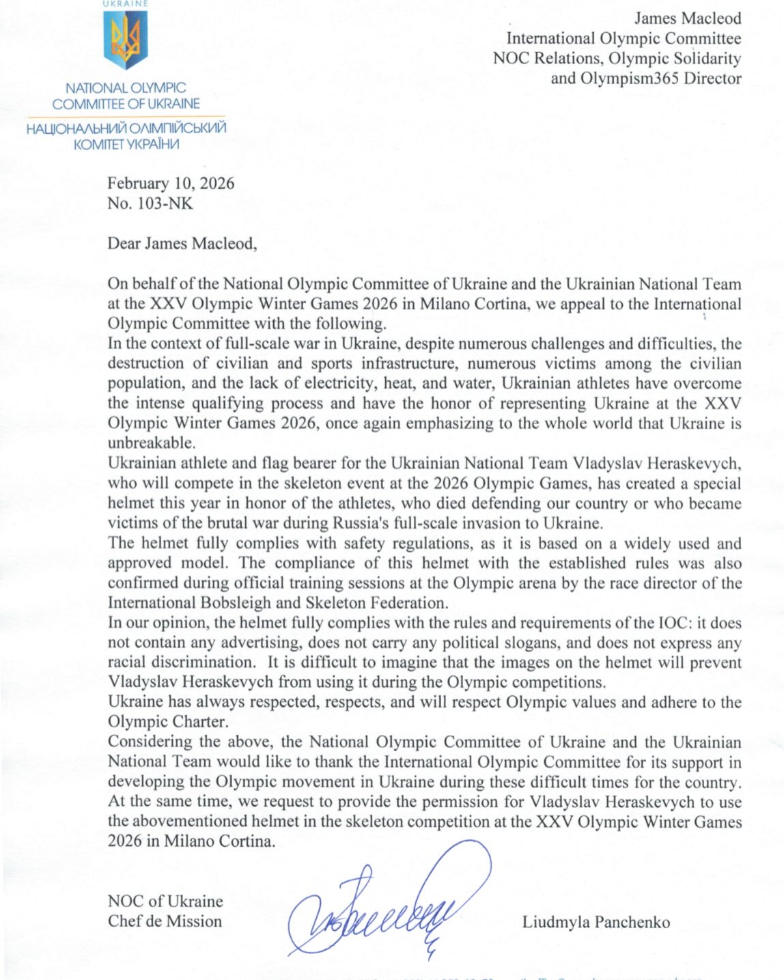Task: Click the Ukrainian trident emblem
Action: coord(126,40)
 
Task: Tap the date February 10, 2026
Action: coord(171,183)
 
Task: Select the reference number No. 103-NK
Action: coord(150,203)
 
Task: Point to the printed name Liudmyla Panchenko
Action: coord(596,922)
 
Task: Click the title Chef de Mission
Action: coord(165,921)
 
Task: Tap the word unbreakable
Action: coord(150,443)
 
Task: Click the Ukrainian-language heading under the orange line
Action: coord(126,136)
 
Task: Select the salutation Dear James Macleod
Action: coord(182,244)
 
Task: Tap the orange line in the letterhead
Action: coord(126,116)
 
